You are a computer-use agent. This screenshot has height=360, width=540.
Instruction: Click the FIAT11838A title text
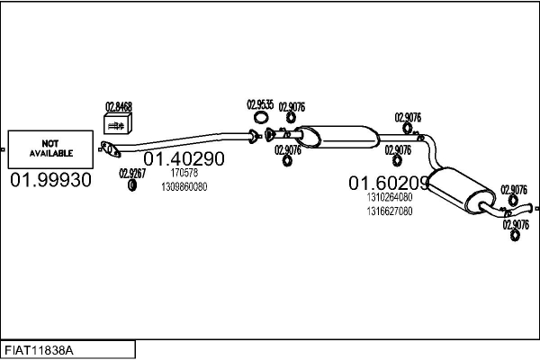click(x=39, y=351)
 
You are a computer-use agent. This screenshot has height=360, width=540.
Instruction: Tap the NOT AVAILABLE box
click(x=50, y=149)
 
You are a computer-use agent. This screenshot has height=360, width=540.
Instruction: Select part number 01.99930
click(x=50, y=180)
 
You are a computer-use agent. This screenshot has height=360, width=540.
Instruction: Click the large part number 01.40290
click(x=184, y=158)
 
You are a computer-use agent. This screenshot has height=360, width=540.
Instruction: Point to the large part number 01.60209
click(x=389, y=183)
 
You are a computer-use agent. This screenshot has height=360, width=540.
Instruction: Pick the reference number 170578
click(x=184, y=172)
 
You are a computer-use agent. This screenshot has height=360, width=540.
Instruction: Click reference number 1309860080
click(x=184, y=186)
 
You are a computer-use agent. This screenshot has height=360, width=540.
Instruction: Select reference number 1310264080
click(x=390, y=197)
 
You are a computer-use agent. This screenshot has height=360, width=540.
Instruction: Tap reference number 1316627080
click(x=390, y=211)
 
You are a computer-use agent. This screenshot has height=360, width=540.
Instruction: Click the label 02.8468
click(x=119, y=106)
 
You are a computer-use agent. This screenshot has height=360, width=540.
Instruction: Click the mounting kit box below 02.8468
click(x=118, y=123)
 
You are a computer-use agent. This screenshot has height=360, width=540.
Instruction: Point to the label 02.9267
click(x=132, y=174)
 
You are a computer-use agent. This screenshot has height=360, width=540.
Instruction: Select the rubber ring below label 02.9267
click(x=132, y=185)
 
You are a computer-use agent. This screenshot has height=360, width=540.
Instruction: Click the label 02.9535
click(x=260, y=104)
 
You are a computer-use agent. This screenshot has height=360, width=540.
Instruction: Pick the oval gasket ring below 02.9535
click(x=261, y=118)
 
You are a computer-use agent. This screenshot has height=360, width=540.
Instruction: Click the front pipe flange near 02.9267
click(x=110, y=149)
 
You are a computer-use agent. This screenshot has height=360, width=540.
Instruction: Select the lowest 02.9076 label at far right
click(x=516, y=225)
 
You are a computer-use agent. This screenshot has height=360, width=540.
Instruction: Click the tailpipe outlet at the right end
click(x=535, y=208)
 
